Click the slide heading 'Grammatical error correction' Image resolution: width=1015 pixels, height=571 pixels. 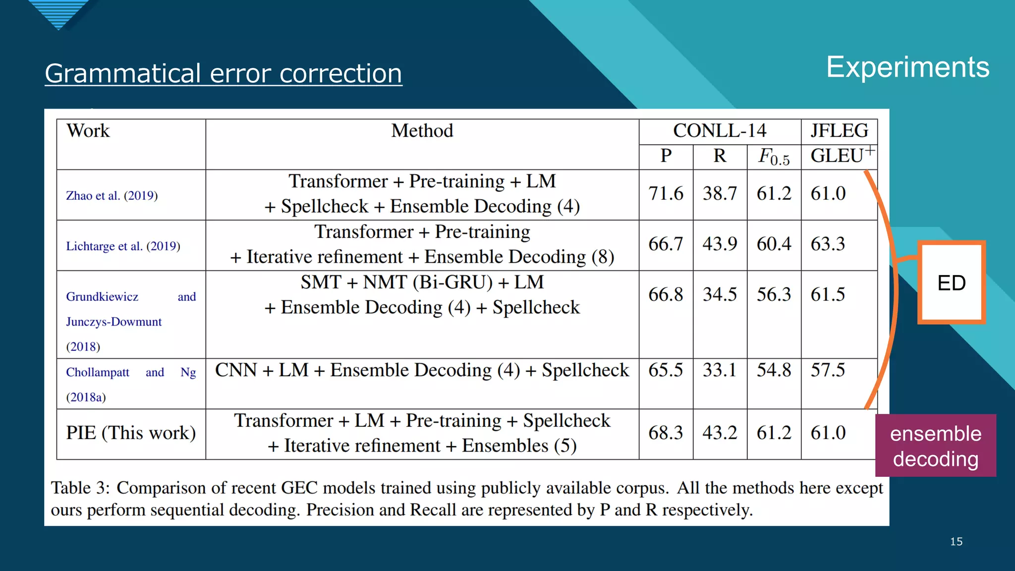(223, 73)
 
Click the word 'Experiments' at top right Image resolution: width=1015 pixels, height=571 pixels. (907, 67)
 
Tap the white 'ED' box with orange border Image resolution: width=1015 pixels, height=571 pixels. (951, 283)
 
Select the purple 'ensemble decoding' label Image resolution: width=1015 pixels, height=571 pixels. (935, 446)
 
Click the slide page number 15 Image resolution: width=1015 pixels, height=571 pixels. (956, 542)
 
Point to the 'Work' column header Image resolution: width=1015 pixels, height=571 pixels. (88, 131)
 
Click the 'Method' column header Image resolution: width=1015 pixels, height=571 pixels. (422, 131)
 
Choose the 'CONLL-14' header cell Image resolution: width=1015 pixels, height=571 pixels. (719, 131)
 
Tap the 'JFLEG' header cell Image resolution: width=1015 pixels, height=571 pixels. (839, 131)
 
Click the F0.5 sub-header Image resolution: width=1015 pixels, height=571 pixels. (774, 157)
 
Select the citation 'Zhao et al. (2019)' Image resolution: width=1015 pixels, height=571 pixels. (112, 195)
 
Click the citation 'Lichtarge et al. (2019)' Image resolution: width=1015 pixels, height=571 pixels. (123, 246)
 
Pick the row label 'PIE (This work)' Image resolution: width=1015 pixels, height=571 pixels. (131, 433)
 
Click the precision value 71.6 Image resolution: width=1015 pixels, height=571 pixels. (666, 193)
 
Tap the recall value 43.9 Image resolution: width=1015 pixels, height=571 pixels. (720, 244)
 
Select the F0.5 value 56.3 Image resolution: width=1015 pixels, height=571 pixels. (774, 294)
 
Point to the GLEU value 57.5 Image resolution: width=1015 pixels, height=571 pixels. (828, 370)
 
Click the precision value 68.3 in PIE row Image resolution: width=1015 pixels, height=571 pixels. (666, 433)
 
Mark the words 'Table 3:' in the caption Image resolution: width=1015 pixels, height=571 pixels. (80, 488)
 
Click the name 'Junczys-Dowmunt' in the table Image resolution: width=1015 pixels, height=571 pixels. (114, 322)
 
